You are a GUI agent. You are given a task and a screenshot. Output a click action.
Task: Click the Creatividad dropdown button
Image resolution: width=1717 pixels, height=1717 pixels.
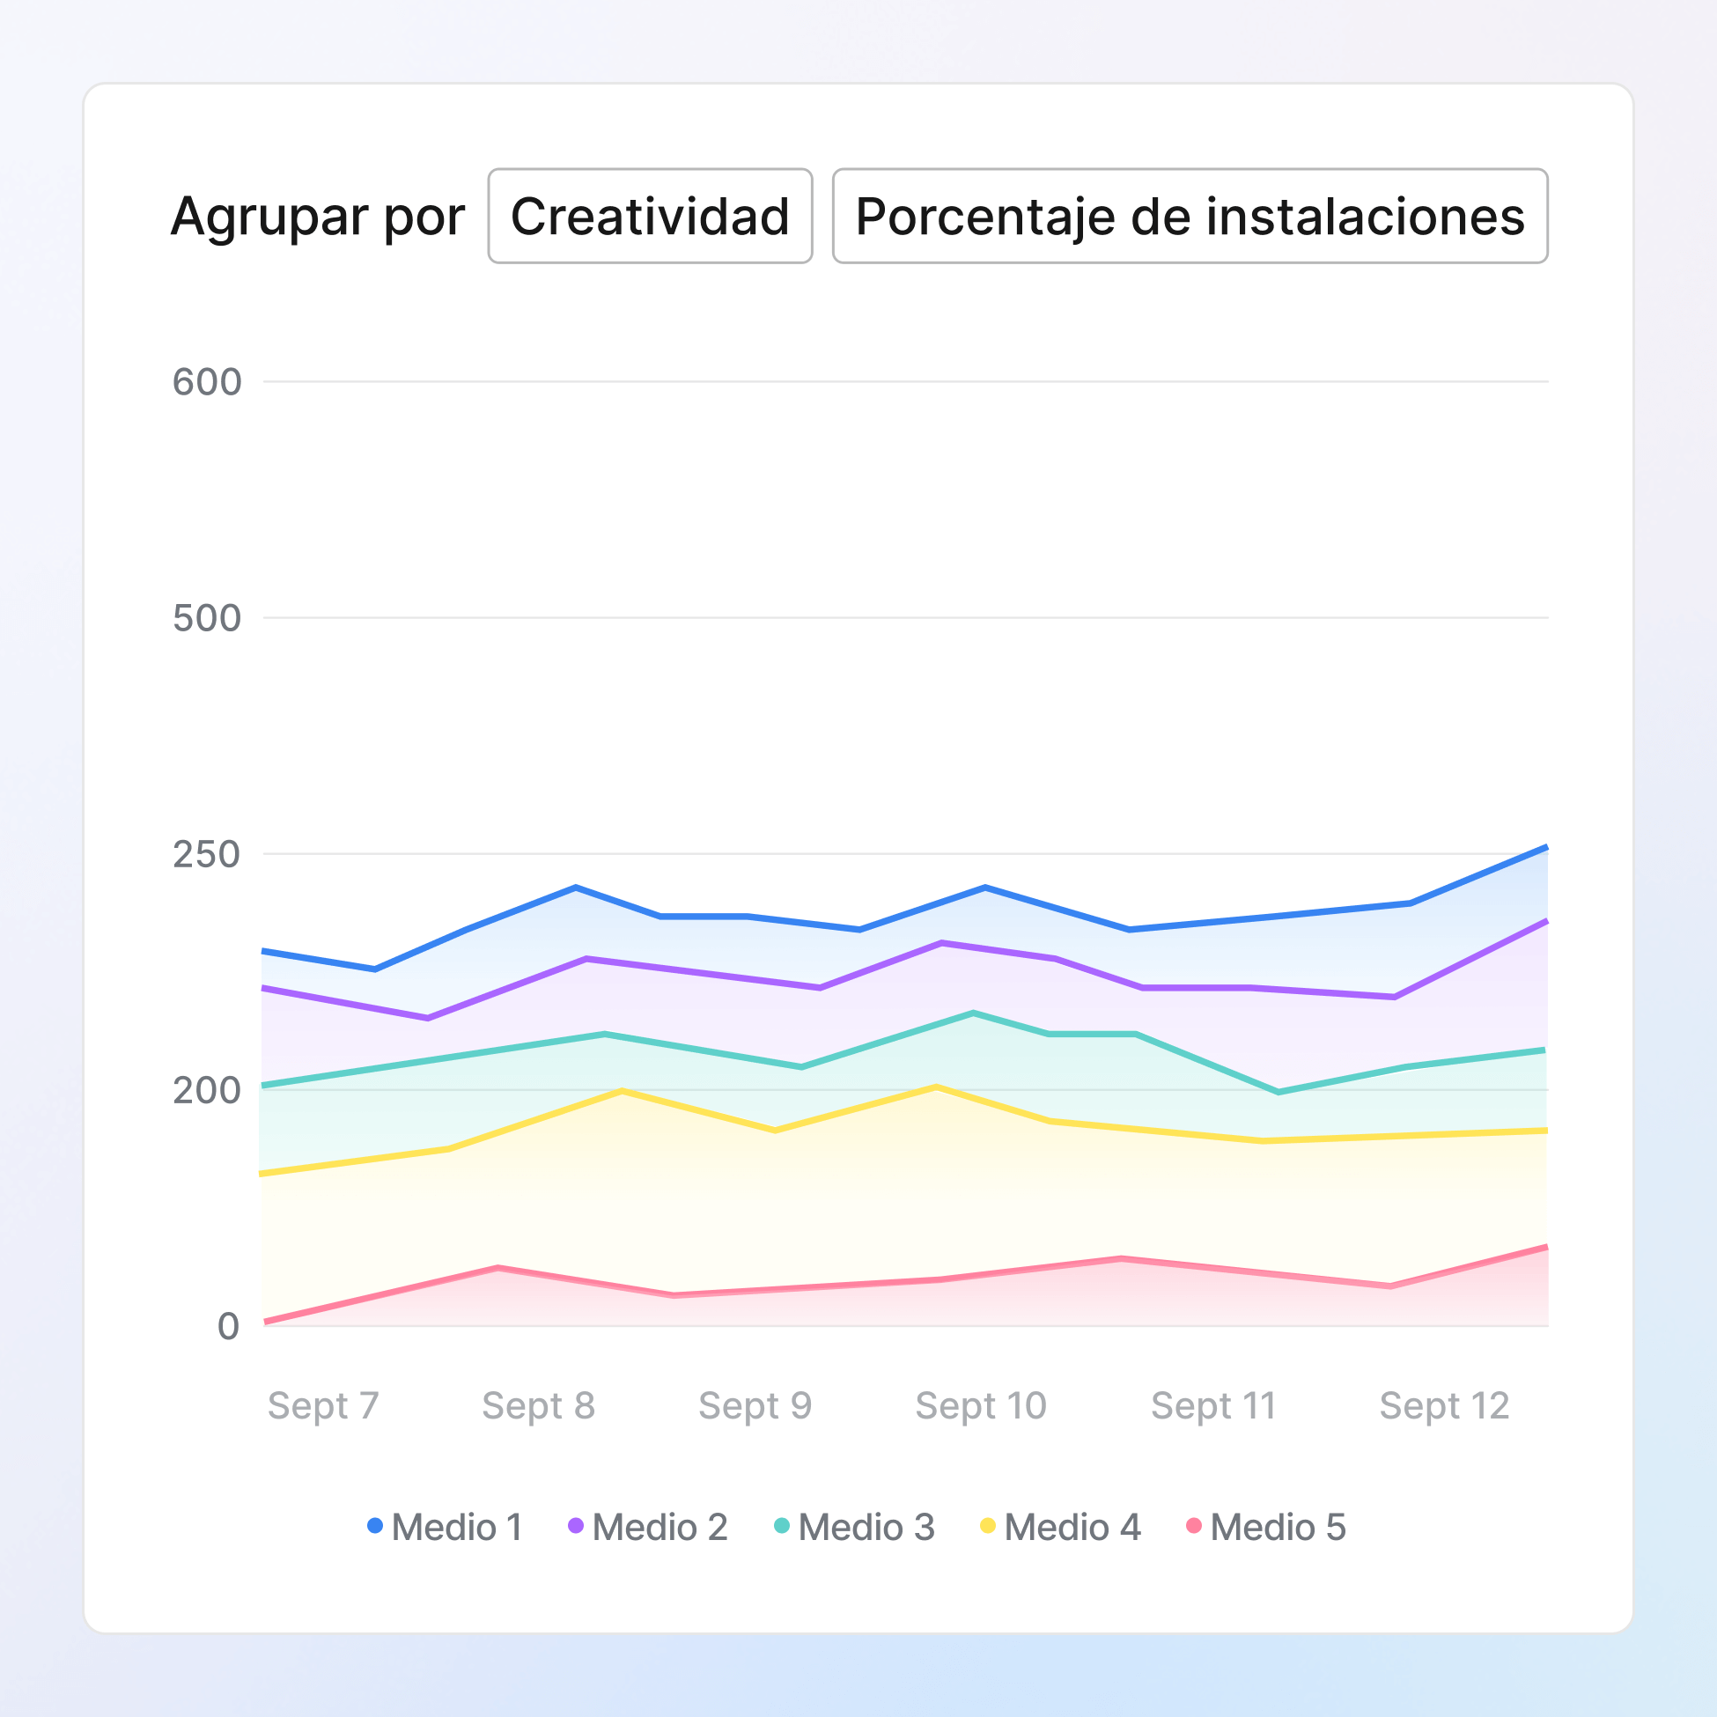(x=650, y=216)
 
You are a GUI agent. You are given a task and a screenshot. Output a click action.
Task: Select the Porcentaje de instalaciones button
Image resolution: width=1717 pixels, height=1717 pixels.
(x=1189, y=216)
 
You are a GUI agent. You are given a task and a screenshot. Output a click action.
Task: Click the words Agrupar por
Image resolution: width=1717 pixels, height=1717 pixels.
(x=317, y=216)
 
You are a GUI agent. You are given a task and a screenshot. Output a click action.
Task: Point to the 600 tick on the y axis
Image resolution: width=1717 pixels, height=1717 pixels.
(x=206, y=382)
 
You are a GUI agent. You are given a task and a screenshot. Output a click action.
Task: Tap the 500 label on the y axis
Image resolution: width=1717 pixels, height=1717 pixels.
(x=206, y=617)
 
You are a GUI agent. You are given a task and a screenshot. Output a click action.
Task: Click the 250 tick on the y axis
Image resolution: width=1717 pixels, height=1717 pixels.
(x=206, y=854)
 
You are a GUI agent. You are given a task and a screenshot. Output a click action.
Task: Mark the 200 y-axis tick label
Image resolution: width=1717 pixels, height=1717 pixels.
(x=206, y=1090)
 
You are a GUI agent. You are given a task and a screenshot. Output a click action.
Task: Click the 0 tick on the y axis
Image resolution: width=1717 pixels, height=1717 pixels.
(x=228, y=1326)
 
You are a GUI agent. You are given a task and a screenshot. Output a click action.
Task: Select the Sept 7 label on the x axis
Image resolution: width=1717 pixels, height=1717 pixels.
(x=323, y=1406)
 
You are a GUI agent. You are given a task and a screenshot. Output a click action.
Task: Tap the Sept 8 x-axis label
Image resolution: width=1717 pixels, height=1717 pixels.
(x=539, y=1406)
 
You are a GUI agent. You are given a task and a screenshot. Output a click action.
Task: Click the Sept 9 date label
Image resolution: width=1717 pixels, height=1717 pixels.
(x=755, y=1406)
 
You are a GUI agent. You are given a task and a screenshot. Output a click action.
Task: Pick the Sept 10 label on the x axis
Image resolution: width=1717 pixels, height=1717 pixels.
(x=980, y=1406)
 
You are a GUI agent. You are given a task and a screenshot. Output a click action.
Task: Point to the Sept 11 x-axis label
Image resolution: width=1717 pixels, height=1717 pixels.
(x=1213, y=1406)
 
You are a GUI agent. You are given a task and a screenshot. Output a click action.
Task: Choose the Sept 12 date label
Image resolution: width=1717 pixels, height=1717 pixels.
(x=1444, y=1406)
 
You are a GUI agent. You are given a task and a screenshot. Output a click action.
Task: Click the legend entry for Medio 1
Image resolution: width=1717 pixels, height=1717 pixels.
(x=446, y=1527)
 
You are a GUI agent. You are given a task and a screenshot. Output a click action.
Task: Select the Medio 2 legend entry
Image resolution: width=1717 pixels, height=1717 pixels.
(x=648, y=1527)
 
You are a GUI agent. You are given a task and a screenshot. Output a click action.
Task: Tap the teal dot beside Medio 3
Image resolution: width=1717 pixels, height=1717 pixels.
(x=782, y=1526)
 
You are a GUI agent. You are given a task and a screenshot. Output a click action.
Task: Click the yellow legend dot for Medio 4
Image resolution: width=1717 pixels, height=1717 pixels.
(x=987, y=1526)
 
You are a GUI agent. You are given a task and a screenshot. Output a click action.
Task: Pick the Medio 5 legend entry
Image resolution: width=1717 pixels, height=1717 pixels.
(x=1266, y=1527)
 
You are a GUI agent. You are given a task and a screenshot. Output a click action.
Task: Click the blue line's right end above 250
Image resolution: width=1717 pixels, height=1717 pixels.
(x=1544, y=849)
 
